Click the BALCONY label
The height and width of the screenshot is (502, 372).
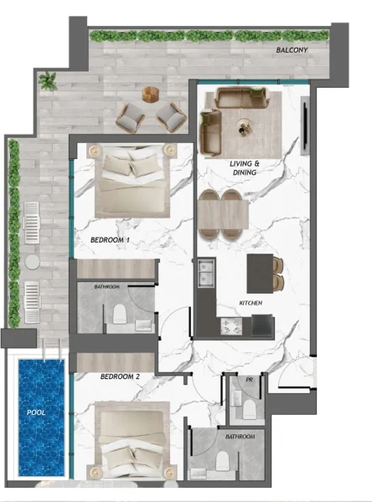292,51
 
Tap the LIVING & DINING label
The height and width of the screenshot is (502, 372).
245,167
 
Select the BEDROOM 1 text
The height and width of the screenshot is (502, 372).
110,240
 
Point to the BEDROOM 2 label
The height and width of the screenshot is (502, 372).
120,376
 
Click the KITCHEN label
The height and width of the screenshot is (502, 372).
251,302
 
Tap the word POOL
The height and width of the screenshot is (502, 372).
36,412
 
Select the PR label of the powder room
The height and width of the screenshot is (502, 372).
249,380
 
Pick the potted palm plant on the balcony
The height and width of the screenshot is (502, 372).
48,81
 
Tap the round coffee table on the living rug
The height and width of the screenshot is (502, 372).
245,128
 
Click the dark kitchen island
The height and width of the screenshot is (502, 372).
261,272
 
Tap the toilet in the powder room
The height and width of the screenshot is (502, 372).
248,407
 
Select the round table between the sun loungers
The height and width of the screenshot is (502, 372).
33,261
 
